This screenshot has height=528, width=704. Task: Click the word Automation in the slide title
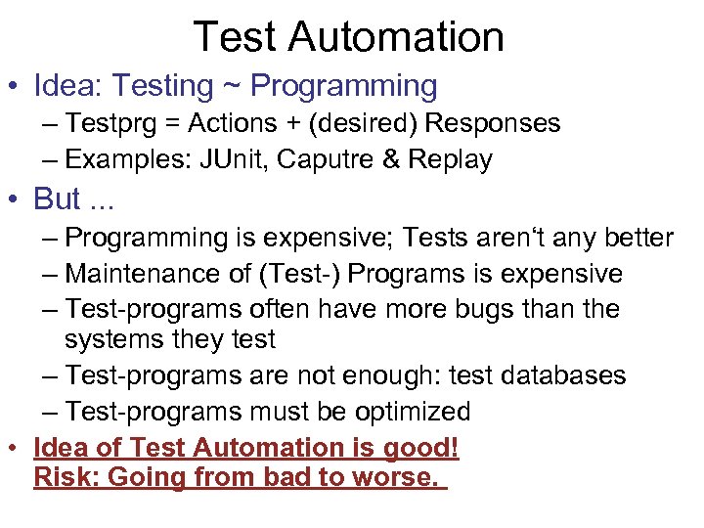tap(402, 37)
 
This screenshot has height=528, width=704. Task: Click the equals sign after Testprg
tap(168, 124)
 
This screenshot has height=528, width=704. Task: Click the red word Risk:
tap(64, 479)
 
